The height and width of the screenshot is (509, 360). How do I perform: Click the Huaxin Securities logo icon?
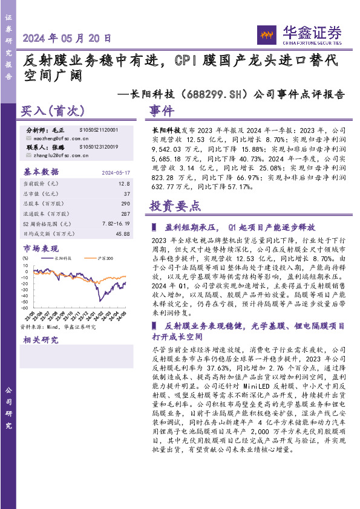268,34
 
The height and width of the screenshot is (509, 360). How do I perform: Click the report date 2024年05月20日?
67,37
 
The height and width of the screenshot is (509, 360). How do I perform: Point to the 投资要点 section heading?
175,206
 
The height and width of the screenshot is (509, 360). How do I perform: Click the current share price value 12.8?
125,183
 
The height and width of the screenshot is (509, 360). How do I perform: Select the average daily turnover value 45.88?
122,233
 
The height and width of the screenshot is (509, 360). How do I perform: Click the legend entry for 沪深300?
105,258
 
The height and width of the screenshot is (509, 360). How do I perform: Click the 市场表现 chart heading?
41,248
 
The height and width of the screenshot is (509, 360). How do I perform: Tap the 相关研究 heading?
41,340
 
